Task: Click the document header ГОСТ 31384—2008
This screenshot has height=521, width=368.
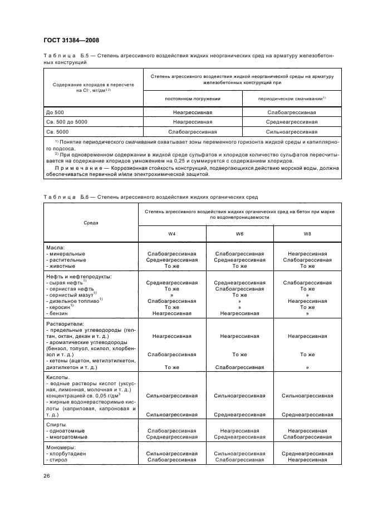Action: pyautogui.click(x=71, y=40)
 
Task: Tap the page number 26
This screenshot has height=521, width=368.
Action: pyautogui.click(x=47, y=475)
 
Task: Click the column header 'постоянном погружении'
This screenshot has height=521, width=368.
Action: pyautogui.click(x=193, y=98)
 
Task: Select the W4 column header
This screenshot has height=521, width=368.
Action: pyautogui.click(x=172, y=234)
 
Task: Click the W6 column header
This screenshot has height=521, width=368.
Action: pyautogui.click(x=239, y=234)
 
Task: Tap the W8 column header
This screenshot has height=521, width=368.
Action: pyautogui.click(x=307, y=234)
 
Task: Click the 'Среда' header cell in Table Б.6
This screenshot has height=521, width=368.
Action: pyautogui.click(x=91, y=222)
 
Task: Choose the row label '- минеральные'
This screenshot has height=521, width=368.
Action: pyautogui.click(x=66, y=253)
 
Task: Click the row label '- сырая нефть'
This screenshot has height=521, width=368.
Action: pyautogui.click(x=66, y=283)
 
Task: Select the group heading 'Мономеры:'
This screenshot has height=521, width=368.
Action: pyautogui.click(x=61, y=448)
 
